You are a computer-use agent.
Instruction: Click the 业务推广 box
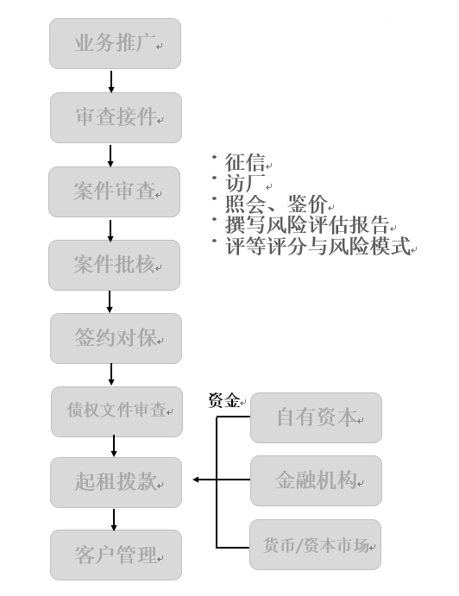115,43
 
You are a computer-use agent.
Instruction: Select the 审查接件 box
116,117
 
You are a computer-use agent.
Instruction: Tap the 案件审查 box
114,191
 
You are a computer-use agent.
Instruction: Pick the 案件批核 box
114,265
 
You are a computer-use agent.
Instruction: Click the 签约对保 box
116,338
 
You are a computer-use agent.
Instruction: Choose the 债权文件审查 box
116,411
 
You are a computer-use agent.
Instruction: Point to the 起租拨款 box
116,482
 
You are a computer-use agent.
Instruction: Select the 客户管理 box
116,555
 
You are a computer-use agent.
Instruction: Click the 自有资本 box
316,417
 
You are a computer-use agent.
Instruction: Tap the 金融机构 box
316,480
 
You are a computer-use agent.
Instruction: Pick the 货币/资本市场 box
315,545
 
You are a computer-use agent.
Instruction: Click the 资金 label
224,400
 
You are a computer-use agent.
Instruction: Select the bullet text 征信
245,162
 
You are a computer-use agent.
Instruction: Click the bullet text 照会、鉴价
276,204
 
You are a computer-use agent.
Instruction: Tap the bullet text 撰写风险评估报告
307,224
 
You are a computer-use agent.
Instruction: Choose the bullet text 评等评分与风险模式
318,246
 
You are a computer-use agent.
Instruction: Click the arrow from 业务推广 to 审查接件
111,81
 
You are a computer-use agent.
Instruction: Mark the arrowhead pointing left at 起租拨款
196,480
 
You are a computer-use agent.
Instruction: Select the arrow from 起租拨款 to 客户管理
114,519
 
